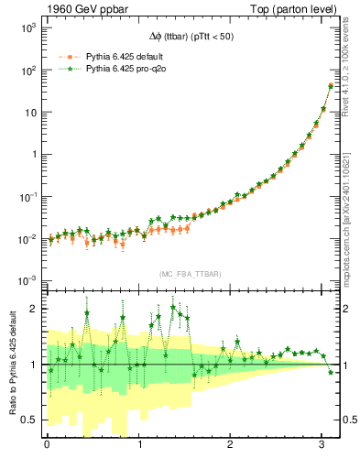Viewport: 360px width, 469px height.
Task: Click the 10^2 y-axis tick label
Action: (x=27, y=71)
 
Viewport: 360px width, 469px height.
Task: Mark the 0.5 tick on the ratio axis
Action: (x=31, y=420)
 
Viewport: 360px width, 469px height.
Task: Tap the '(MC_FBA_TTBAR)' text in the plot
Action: (x=189, y=274)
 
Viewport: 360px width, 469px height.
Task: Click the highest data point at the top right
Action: (x=330, y=85)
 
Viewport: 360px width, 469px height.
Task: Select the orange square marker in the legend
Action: (x=68, y=56)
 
